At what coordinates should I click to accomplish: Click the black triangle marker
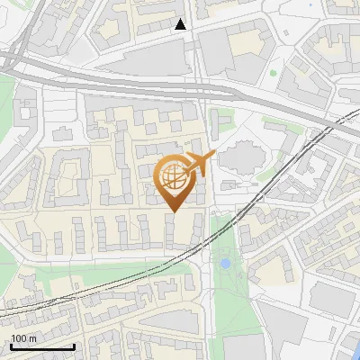(x=182, y=24)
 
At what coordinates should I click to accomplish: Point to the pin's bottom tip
(x=175, y=211)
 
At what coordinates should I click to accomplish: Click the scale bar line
(x=42, y=346)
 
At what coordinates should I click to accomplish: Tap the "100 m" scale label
(x=23, y=337)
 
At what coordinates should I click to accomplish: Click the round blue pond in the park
(x=224, y=264)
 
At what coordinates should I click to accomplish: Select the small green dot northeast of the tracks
(x=273, y=73)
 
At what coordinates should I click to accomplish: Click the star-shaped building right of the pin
(x=238, y=158)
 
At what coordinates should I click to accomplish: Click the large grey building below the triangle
(x=157, y=59)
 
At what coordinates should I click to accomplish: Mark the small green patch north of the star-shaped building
(x=222, y=118)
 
